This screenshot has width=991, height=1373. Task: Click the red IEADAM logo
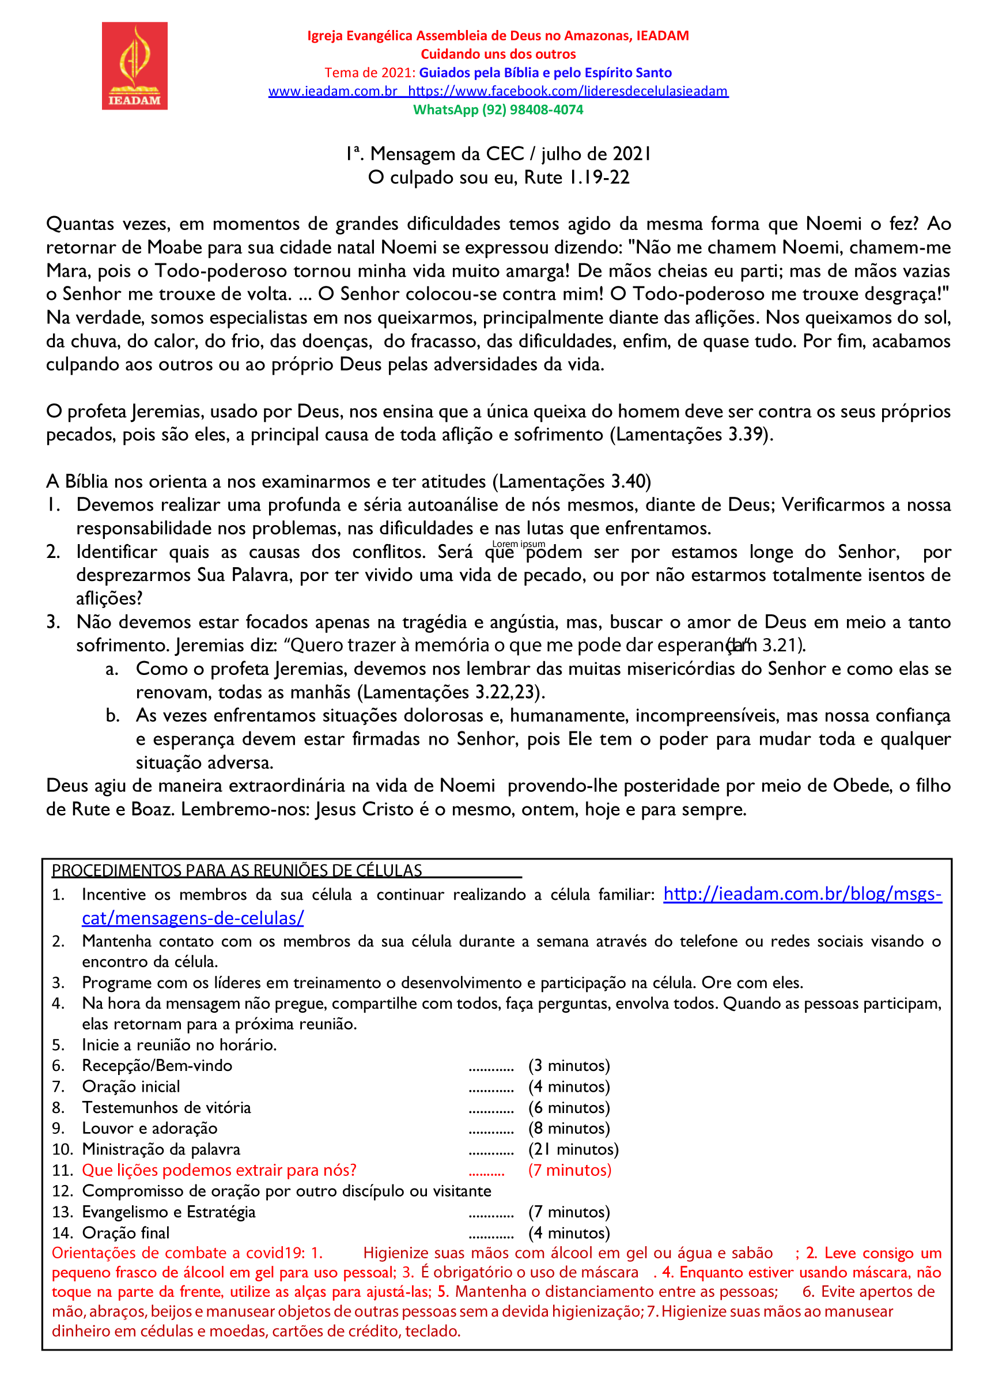[x=134, y=65]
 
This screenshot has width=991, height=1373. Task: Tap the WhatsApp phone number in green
[x=532, y=110]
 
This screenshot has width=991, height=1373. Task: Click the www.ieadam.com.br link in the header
[x=333, y=92]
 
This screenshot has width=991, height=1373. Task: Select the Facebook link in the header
[x=568, y=92]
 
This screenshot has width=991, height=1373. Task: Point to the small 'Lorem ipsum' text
[x=519, y=544]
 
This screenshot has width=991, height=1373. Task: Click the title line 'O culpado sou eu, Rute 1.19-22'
[x=498, y=178]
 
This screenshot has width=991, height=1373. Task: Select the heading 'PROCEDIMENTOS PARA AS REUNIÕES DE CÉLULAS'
[x=237, y=870]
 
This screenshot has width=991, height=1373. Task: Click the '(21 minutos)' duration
[x=573, y=1149]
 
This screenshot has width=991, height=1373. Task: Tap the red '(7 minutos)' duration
[x=569, y=1170]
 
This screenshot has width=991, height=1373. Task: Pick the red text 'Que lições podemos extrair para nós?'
[x=219, y=1170]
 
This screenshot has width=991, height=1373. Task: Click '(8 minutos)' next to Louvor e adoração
[x=569, y=1128]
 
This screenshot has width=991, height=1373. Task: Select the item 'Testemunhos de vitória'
[x=167, y=1107]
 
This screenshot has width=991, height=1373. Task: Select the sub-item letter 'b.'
[x=112, y=715]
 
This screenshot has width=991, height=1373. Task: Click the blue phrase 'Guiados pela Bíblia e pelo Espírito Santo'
[x=545, y=73]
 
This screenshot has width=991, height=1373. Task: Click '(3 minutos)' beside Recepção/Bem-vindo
[x=569, y=1065]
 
